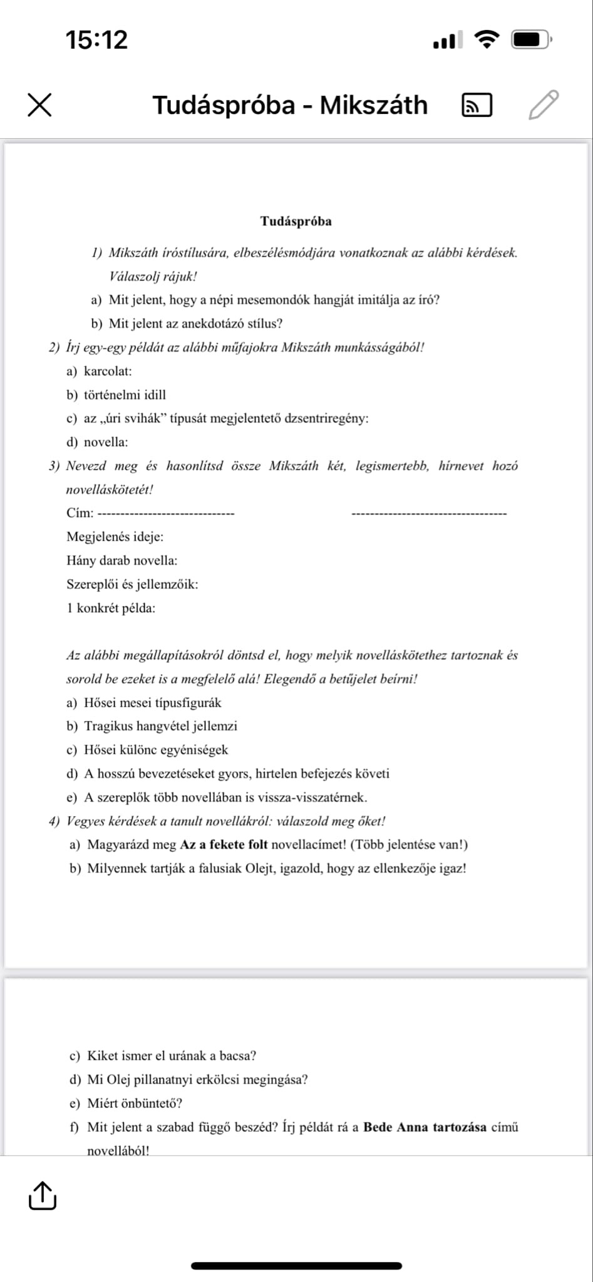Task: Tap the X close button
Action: pos(39,105)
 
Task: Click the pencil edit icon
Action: pos(543,105)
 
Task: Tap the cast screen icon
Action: pos(476,105)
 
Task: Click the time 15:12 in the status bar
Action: pos(96,40)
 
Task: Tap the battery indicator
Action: pos(531,40)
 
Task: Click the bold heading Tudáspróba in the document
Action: pos(296,221)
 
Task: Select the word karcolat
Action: pos(107,371)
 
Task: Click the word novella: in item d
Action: pos(106,443)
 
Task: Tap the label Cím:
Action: pos(80,513)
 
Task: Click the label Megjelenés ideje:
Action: pos(115,537)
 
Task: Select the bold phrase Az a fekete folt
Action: pos(224,845)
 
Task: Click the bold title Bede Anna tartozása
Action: pos(425,1127)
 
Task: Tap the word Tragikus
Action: pos(109,726)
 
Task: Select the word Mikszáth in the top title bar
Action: pos(374,105)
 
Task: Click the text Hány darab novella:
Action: pos(121,561)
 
